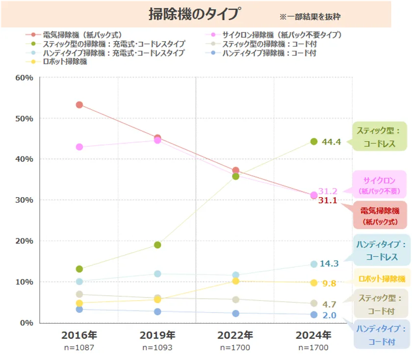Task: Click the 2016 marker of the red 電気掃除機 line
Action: click(x=79, y=105)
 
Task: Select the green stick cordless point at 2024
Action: click(x=314, y=142)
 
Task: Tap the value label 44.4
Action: click(x=332, y=142)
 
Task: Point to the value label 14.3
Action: click(x=329, y=264)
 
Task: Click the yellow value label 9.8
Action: click(x=329, y=283)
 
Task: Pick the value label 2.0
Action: click(x=329, y=315)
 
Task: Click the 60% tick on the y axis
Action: click(x=24, y=77)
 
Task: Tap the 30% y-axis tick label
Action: click(x=24, y=200)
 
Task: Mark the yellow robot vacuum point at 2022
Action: click(x=236, y=281)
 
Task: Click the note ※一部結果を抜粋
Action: click(x=309, y=17)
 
